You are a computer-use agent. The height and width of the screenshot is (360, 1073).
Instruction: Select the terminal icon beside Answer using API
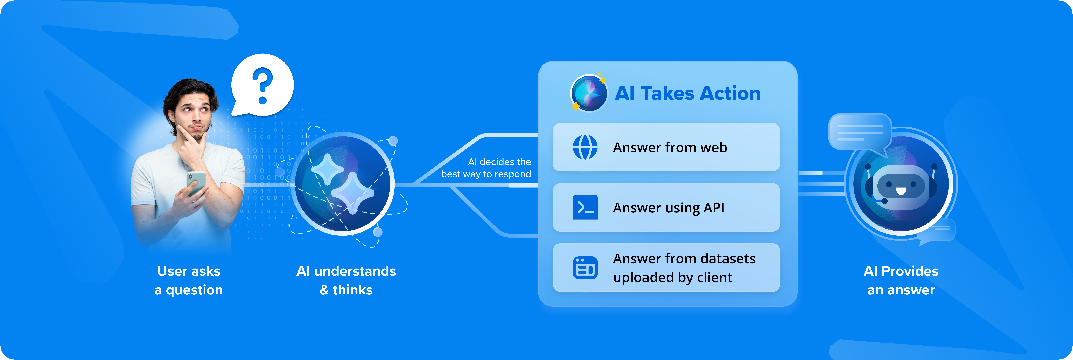tap(585, 207)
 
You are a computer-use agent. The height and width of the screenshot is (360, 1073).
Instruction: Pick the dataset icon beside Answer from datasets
tap(585, 268)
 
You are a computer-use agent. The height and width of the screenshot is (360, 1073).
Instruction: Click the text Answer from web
tap(670, 148)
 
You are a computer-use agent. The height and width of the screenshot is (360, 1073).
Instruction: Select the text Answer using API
tap(668, 207)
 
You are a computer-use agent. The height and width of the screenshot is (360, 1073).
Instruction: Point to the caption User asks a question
tap(189, 280)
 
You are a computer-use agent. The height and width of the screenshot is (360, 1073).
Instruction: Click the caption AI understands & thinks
tap(346, 280)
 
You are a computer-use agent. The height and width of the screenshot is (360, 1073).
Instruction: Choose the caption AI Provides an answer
tap(901, 280)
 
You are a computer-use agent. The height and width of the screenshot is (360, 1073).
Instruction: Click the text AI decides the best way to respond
tap(486, 168)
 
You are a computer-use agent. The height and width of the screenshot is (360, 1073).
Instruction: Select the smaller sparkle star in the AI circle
tap(327, 169)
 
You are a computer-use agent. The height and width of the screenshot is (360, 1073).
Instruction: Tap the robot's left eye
tap(889, 184)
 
